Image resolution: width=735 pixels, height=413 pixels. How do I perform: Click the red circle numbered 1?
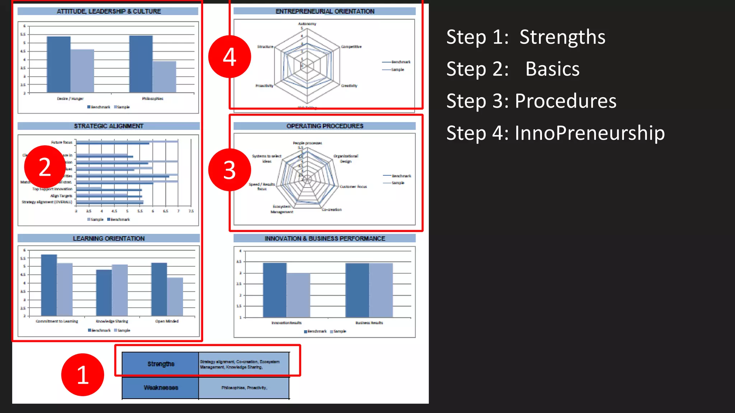(83, 375)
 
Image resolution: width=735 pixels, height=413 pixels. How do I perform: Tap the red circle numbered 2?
(45, 167)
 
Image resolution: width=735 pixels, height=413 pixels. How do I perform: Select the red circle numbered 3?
(229, 170)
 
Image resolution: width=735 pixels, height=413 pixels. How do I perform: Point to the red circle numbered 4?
(229, 57)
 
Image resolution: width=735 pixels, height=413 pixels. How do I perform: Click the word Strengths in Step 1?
(562, 37)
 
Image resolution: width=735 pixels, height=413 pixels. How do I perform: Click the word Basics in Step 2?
(552, 69)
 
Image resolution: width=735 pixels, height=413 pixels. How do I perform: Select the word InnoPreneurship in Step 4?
(589, 133)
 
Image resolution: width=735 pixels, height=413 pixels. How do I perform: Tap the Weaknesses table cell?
(160, 388)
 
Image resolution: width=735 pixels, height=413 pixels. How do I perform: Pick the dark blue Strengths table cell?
(160, 364)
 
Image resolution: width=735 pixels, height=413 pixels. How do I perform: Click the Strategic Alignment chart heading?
(108, 126)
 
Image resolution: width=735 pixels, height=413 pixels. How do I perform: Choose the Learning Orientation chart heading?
(108, 238)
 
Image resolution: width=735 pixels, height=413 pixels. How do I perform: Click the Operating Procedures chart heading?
(324, 126)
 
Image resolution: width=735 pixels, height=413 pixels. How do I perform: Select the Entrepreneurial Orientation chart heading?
(324, 11)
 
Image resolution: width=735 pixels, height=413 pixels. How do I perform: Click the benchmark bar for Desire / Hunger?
(58, 65)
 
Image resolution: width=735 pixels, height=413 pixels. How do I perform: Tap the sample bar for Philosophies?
(164, 77)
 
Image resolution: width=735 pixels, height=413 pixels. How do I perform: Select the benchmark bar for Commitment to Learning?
(49, 285)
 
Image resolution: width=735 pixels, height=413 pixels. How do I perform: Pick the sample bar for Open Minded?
(175, 296)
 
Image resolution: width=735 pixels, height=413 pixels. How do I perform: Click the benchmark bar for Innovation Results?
(275, 290)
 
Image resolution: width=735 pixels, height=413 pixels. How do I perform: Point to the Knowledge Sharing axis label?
(112, 321)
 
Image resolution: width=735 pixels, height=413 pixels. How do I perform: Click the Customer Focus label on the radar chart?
(353, 186)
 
